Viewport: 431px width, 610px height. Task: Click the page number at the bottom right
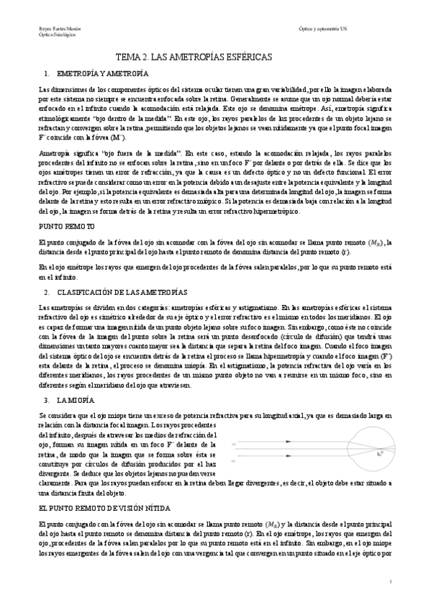(390, 581)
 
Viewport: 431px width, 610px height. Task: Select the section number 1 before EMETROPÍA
(46, 73)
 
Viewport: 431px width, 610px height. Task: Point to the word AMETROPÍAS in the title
(191, 55)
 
